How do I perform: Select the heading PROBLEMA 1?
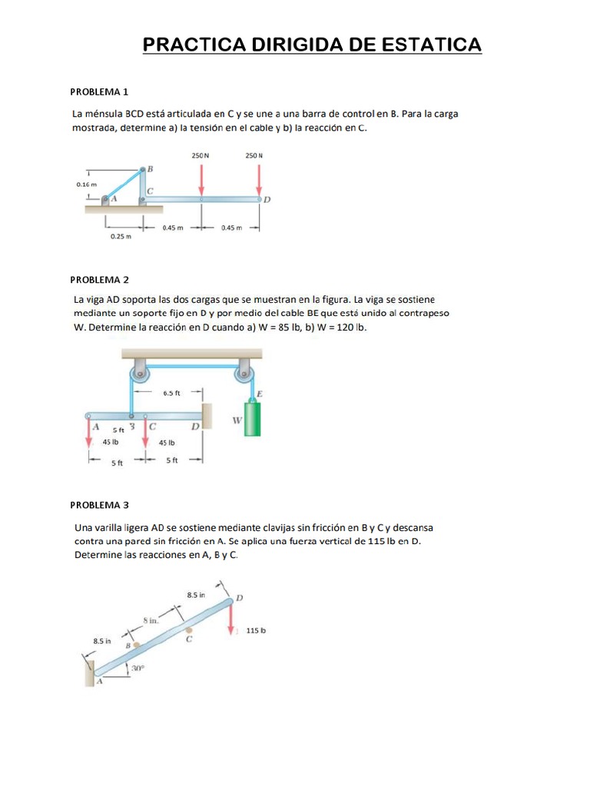(99, 91)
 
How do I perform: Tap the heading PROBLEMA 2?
(99, 280)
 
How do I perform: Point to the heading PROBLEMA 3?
(99, 505)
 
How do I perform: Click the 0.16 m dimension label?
(88, 184)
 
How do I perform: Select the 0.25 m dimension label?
(121, 237)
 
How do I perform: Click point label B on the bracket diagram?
(150, 169)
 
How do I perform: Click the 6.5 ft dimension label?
(171, 393)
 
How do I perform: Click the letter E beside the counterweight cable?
(260, 394)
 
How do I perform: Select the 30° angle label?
(138, 668)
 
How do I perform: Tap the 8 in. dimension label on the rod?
(151, 620)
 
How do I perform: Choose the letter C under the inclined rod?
(190, 639)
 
